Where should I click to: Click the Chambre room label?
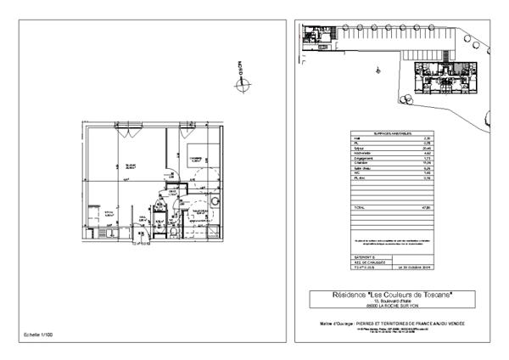pyautogui.click(x=193, y=158)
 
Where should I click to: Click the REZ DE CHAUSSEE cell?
pyautogui.click(x=364, y=261)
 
